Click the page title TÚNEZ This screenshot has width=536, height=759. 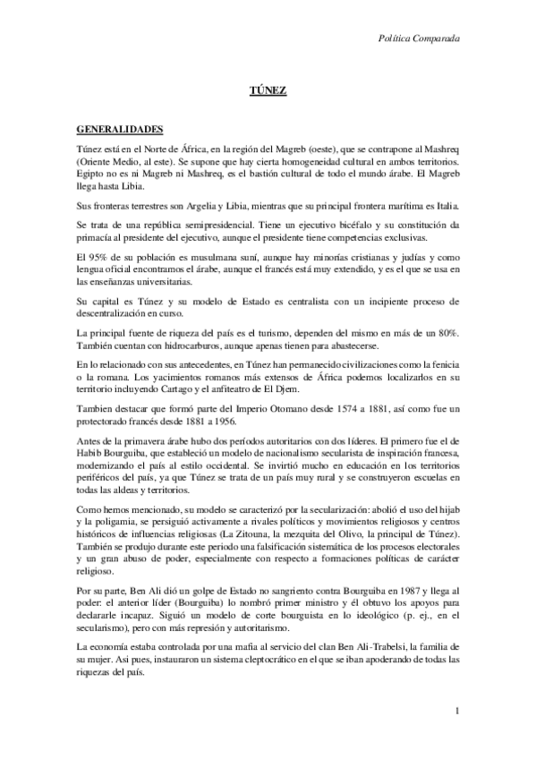pos(267,92)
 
